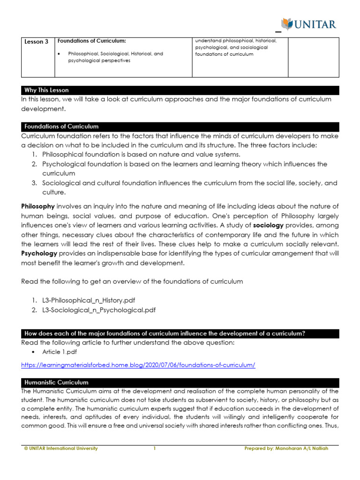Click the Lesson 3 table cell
(36, 42)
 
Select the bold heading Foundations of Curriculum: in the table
(91, 41)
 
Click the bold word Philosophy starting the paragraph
(38, 207)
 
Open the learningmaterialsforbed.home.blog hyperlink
(138, 365)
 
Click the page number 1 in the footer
(154, 449)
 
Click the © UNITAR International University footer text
(61, 449)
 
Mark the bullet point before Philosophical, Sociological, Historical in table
(59, 54)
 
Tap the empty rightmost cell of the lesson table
(313, 57)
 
